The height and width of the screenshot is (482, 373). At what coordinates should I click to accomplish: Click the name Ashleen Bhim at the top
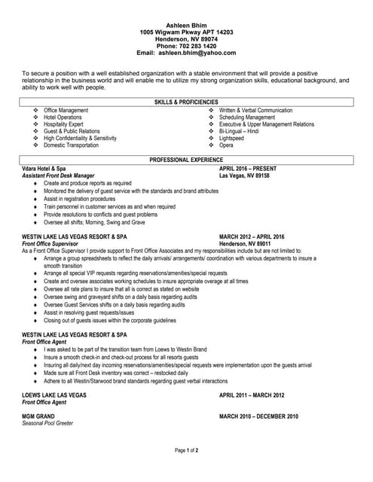(x=186, y=25)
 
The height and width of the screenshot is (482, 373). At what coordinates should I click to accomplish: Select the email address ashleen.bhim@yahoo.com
(x=197, y=53)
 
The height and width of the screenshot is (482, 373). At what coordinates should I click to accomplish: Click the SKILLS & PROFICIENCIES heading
(x=186, y=102)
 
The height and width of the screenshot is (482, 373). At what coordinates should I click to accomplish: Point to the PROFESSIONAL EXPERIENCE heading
(x=186, y=160)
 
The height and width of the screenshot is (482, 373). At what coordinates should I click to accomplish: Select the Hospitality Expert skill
(x=63, y=124)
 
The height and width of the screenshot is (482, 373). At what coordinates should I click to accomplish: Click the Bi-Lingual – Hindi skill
(x=239, y=131)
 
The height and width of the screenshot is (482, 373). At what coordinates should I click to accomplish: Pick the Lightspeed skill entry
(x=231, y=139)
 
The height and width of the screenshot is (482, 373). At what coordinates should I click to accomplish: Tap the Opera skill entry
(x=226, y=145)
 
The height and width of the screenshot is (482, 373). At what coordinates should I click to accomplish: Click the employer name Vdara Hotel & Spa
(x=44, y=169)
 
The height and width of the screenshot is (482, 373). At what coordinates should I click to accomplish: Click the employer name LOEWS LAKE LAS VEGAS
(x=54, y=395)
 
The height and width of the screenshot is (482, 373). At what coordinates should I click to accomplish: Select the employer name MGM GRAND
(x=38, y=416)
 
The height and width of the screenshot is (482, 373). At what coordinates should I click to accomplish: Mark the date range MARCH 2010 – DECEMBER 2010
(x=258, y=416)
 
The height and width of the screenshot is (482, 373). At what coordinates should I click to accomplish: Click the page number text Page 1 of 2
(x=186, y=450)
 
